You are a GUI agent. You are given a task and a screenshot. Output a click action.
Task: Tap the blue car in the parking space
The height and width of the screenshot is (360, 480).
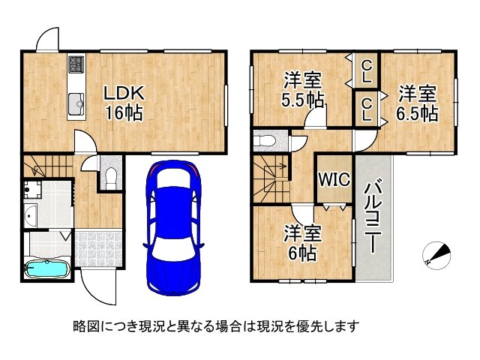pyautogui.click(x=174, y=228)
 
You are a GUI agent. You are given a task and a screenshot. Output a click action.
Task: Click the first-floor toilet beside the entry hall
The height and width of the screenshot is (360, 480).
pyautogui.click(x=110, y=177)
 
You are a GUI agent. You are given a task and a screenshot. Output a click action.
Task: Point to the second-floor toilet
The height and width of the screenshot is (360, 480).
pyautogui.click(x=265, y=140)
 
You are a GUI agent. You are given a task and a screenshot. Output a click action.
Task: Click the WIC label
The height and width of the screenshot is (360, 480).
pyautogui.click(x=331, y=179)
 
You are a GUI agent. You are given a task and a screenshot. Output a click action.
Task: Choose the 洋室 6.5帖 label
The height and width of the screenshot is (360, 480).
pyautogui.click(x=418, y=103)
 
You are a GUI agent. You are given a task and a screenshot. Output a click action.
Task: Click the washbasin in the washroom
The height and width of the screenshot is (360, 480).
pyautogui.click(x=31, y=217)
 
